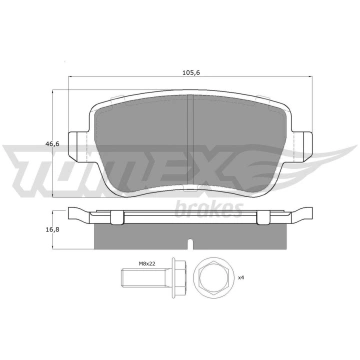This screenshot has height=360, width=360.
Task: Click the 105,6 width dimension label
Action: [191, 73]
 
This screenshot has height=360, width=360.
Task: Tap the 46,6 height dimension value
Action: [52, 144]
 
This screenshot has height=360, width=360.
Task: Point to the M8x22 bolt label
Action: [147, 263]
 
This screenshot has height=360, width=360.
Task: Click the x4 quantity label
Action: [242, 277]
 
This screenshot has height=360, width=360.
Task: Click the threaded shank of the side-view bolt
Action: [143, 278]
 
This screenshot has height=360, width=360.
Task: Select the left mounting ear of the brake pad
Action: [79, 146]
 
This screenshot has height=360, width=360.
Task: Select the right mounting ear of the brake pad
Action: [302, 146]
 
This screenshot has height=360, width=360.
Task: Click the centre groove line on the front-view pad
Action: [191, 142]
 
